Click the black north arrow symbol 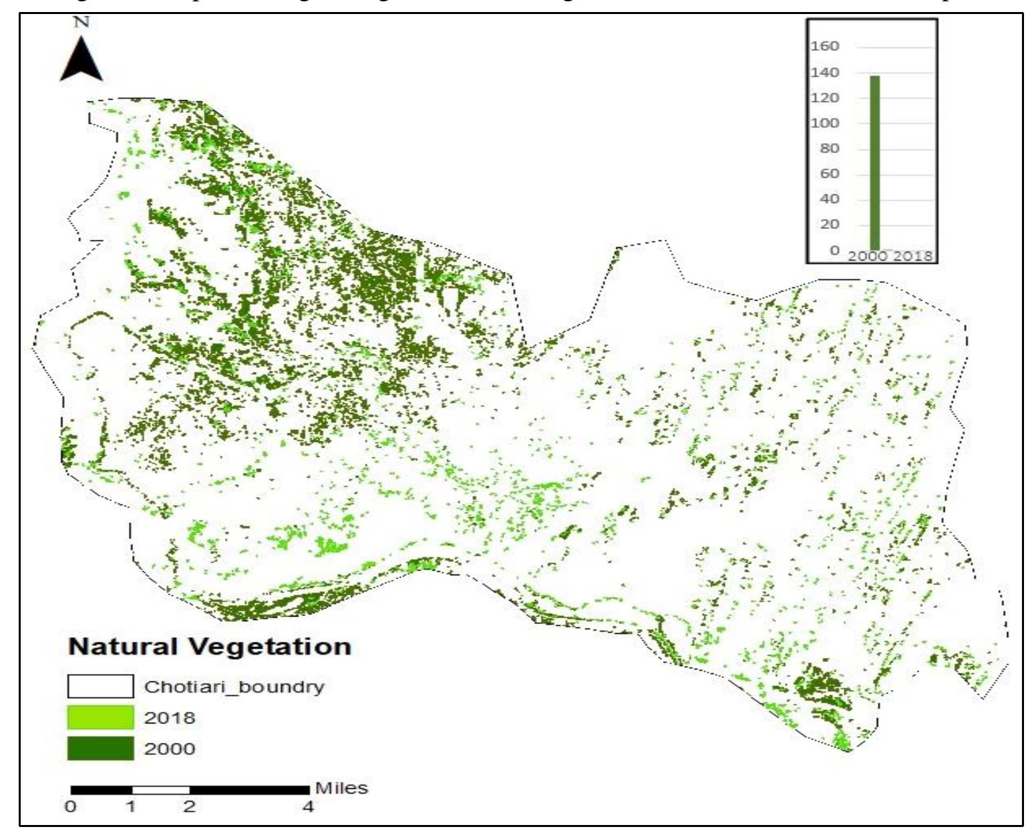pyautogui.click(x=81, y=61)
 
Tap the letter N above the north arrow pyautogui.click(x=81, y=22)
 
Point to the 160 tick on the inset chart pyautogui.click(x=824, y=46)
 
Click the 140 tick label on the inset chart pyautogui.click(x=824, y=72)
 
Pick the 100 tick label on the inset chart pyautogui.click(x=824, y=123)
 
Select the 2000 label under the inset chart pyautogui.click(x=868, y=257)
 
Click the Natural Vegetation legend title pyautogui.click(x=210, y=647)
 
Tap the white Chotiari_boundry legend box pyautogui.click(x=100, y=687)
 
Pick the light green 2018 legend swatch pyautogui.click(x=100, y=717)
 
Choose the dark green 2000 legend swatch pyautogui.click(x=100, y=748)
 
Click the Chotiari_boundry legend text pyautogui.click(x=234, y=687)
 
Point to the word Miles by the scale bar pyautogui.click(x=341, y=788)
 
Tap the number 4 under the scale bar pyautogui.click(x=308, y=807)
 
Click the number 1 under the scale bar pyautogui.click(x=131, y=807)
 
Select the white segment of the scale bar pyautogui.click(x=160, y=790)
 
